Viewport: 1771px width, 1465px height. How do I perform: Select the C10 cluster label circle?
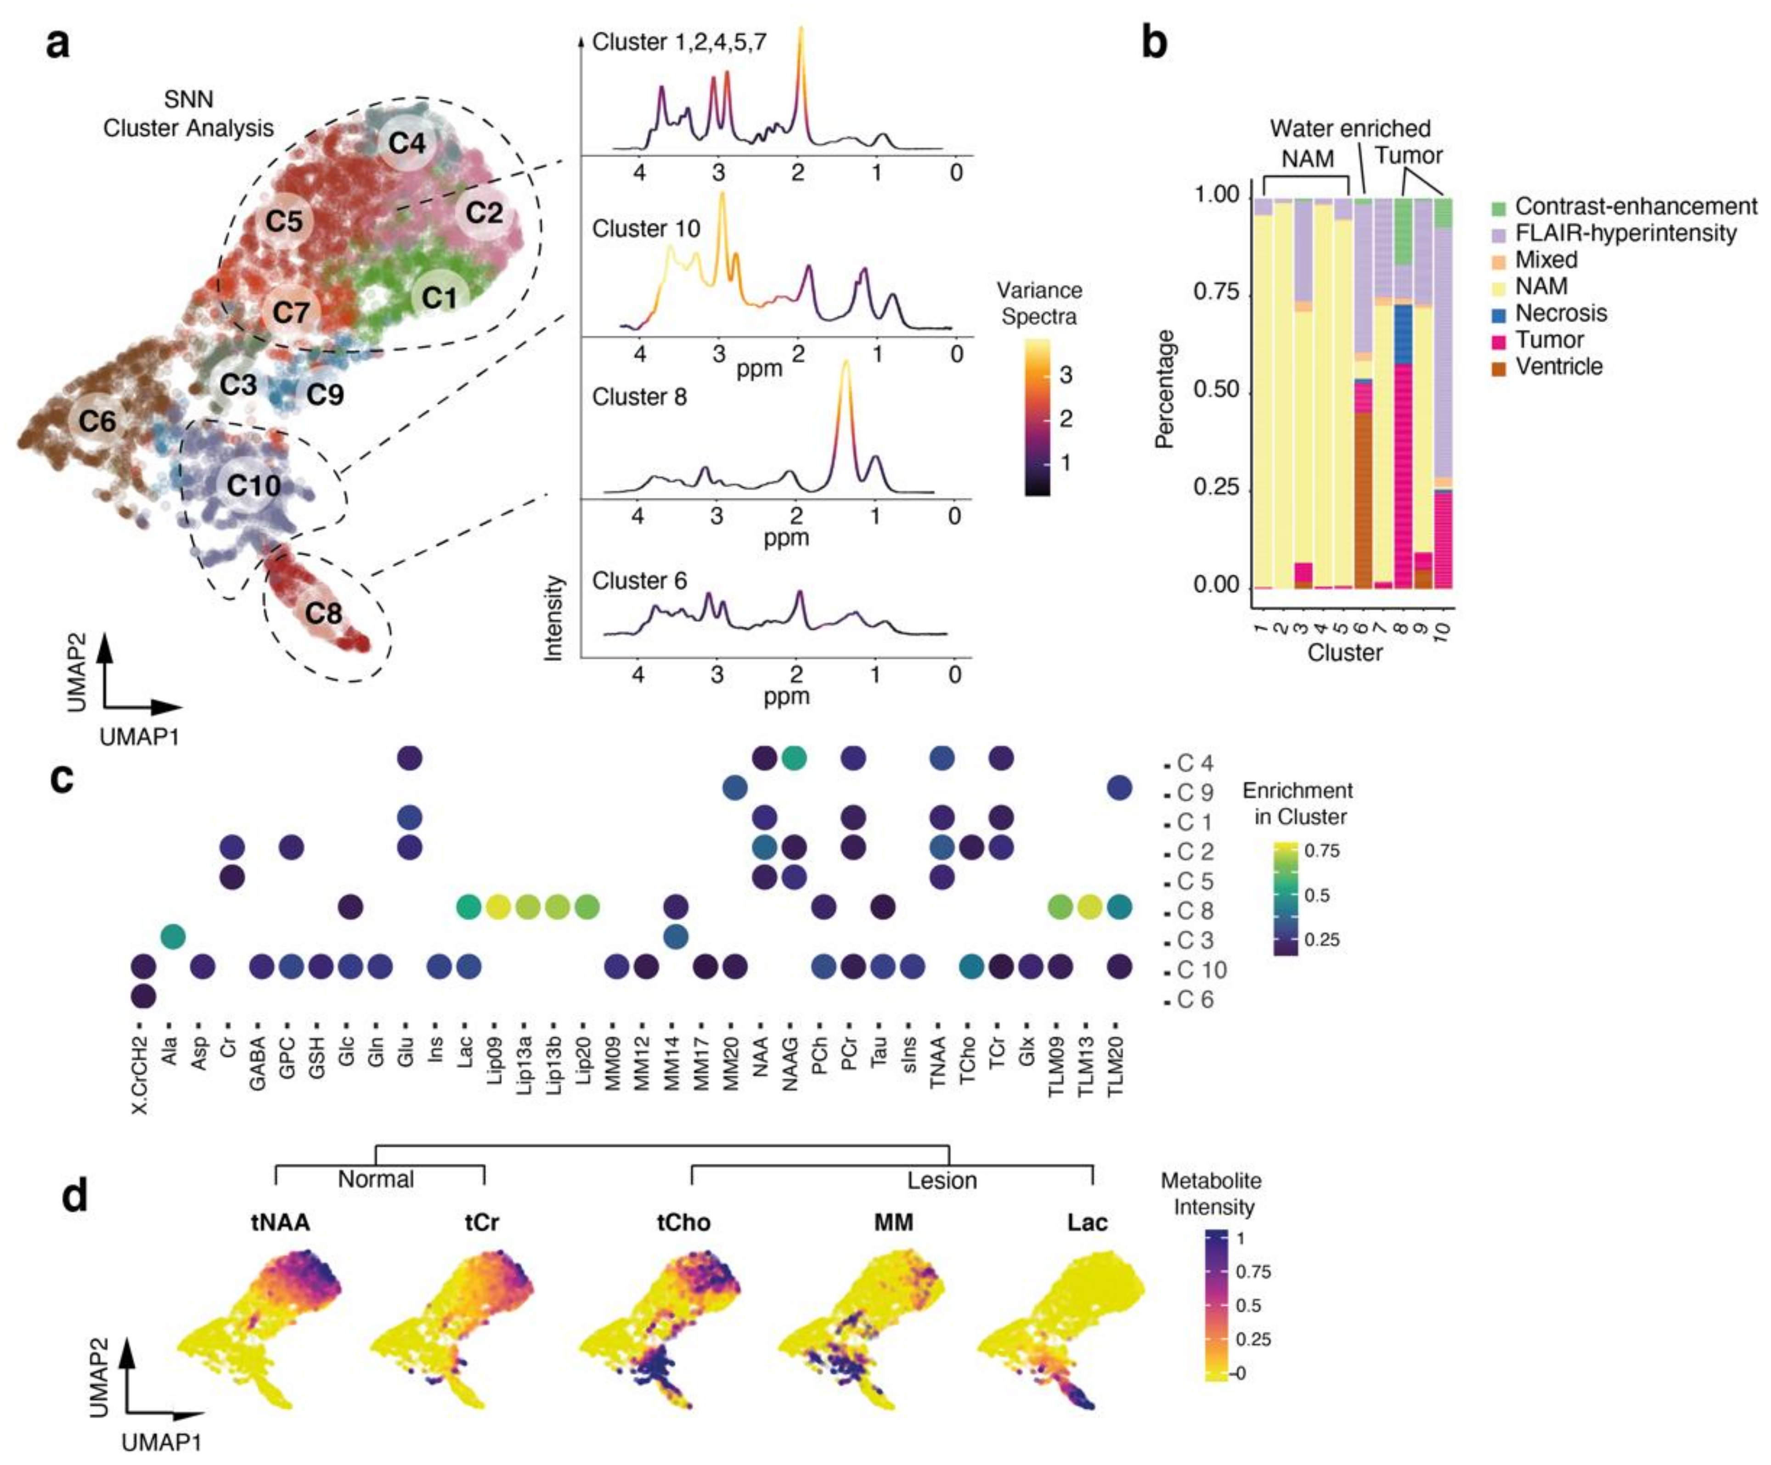(254, 485)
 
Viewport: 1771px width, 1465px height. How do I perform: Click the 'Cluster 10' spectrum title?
(646, 229)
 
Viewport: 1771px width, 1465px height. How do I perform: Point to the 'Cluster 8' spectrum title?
(639, 396)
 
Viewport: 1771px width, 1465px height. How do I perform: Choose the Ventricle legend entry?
(1558, 367)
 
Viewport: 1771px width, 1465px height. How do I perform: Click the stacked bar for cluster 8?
(1403, 392)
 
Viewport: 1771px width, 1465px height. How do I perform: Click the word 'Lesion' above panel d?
(942, 1180)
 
